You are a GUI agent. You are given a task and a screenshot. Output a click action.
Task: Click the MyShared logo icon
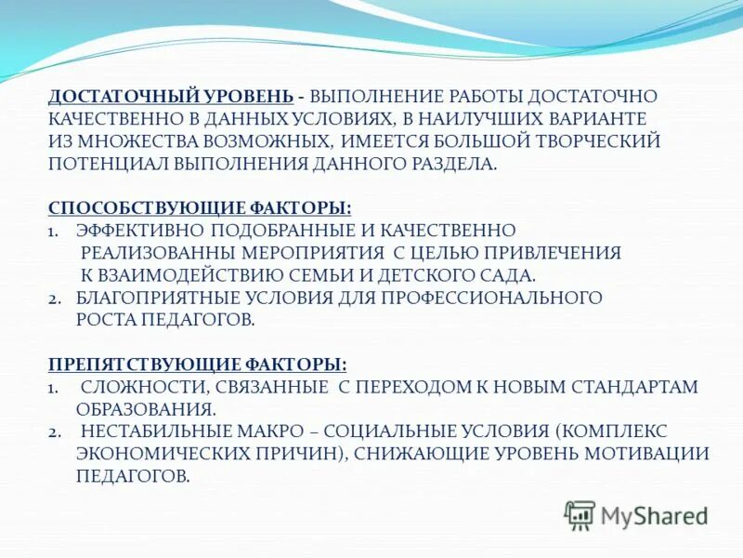pyautogui.click(x=580, y=514)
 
